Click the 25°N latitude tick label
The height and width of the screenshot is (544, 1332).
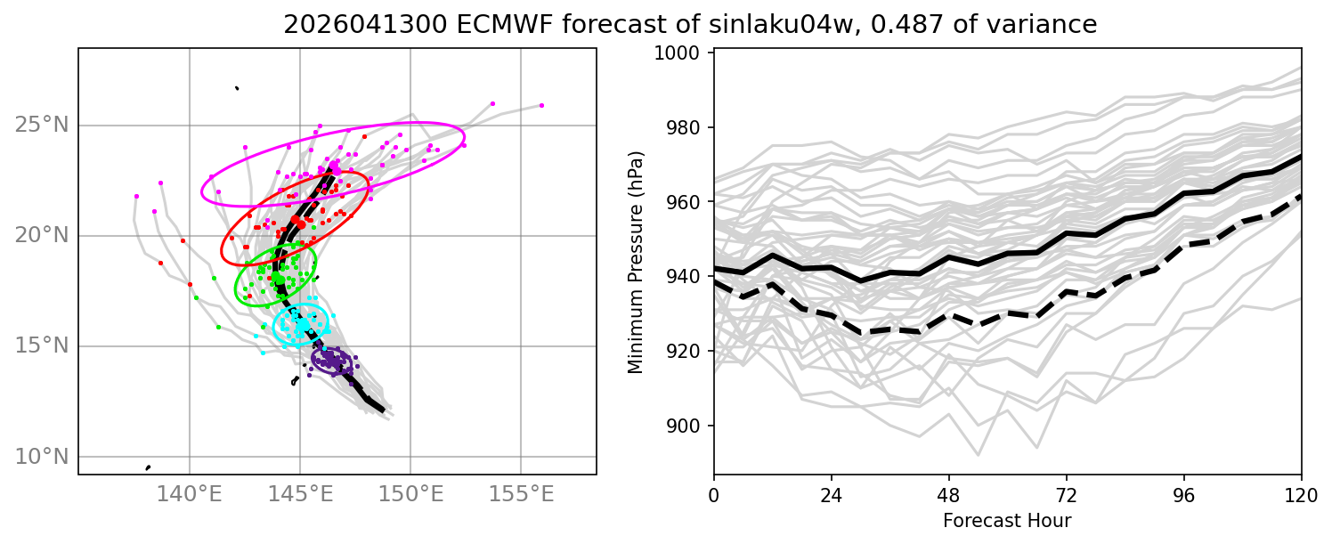(42, 126)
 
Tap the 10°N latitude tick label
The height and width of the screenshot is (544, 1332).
(42, 457)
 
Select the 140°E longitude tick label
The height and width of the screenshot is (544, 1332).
(190, 493)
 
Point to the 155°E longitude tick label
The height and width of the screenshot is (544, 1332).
(521, 493)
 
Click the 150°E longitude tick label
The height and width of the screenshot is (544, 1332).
(410, 493)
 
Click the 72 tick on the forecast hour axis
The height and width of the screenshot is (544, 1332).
(1066, 495)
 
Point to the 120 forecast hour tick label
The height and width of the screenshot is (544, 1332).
(1301, 495)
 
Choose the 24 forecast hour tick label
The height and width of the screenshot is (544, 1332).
(832, 495)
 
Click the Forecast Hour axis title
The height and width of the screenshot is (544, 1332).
(1007, 521)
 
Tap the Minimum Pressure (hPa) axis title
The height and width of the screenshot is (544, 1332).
(636, 262)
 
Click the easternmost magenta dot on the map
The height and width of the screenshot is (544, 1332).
(541, 105)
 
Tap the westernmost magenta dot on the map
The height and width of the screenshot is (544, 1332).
(137, 196)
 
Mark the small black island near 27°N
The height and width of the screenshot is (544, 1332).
(237, 88)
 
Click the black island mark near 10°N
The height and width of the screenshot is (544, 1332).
(148, 467)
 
